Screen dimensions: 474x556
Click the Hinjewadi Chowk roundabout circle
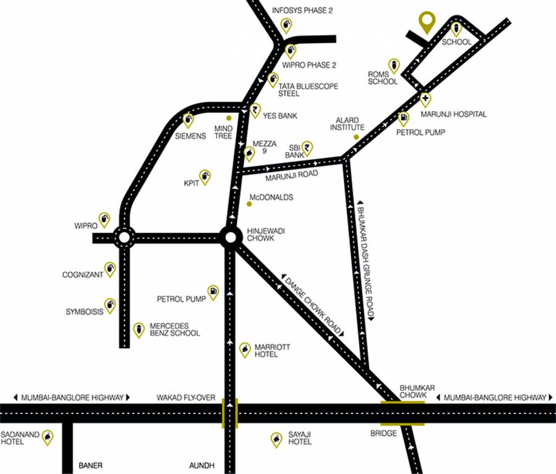[x=230, y=237]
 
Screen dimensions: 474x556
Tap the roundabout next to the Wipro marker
[x=124, y=237]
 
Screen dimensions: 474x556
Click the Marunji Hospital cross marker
[x=425, y=99]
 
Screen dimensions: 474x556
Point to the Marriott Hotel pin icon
[x=245, y=349]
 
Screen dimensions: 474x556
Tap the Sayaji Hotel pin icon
[x=276, y=439]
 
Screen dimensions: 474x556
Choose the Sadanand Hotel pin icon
[x=46, y=438]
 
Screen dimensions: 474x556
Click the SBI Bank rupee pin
[x=307, y=148]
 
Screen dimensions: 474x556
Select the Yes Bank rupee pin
[x=255, y=110]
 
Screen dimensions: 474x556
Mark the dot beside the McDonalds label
[x=249, y=204]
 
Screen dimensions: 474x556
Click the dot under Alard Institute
[x=356, y=136]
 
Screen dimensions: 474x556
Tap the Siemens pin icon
[x=188, y=120]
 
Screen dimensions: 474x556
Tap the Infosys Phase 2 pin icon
[x=286, y=25]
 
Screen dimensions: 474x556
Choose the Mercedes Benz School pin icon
[x=139, y=330]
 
